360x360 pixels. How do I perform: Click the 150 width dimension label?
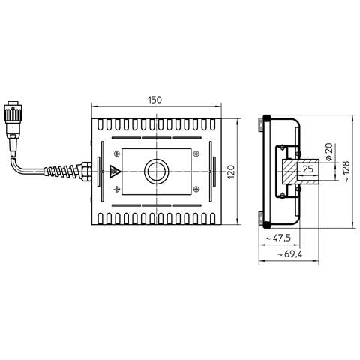pos(154,100)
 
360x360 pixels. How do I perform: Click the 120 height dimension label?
pos(231,172)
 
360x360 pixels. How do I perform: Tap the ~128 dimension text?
pos(346,172)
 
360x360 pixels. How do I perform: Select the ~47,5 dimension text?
pos(278,238)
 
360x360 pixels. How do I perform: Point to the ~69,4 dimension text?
pos(290,254)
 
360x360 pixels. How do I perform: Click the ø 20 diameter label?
pos(329,151)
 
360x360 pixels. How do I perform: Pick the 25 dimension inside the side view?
pos(307,169)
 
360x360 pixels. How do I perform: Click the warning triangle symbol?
pos(115,172)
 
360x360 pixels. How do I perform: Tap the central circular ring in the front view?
pos(157,172)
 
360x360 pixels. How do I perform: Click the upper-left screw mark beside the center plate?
pos(117,154)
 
